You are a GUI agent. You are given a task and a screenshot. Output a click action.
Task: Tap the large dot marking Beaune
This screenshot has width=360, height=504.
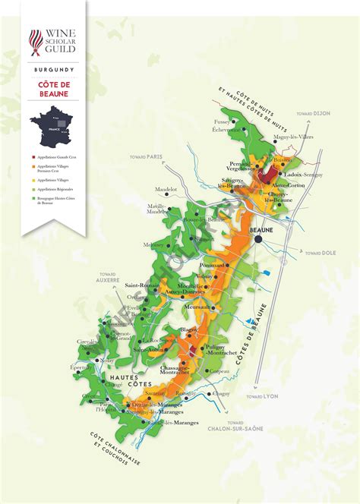point(259,239)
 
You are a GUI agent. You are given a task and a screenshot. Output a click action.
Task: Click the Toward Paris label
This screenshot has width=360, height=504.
point(146,157)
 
